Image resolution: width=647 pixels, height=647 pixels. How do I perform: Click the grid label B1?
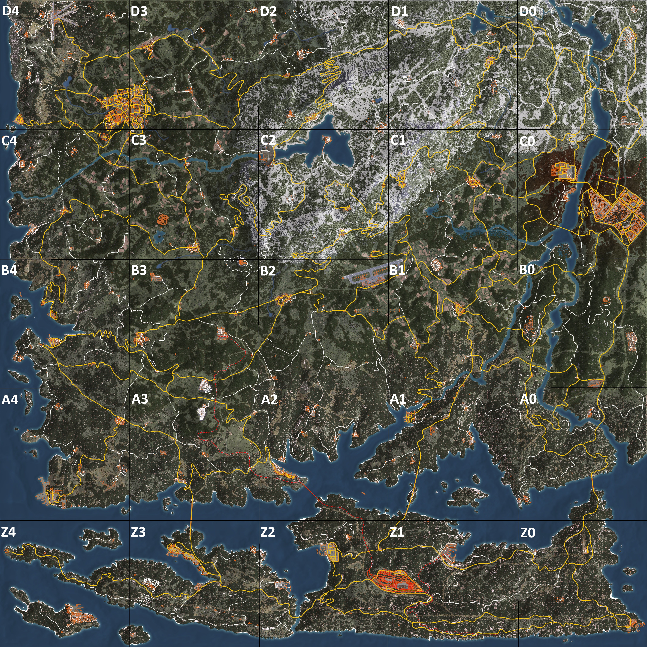coord(397,270)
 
